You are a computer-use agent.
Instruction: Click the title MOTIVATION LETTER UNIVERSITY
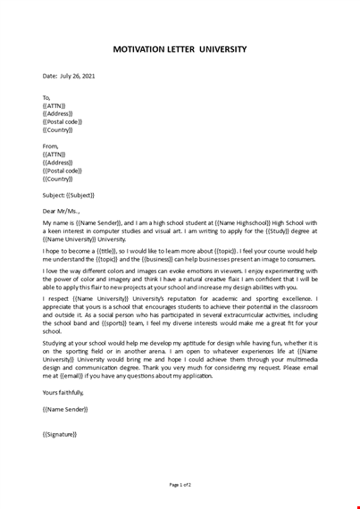(180, 49)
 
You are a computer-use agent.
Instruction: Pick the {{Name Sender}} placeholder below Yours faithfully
(65, 409)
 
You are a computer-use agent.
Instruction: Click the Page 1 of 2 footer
(180, 484)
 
